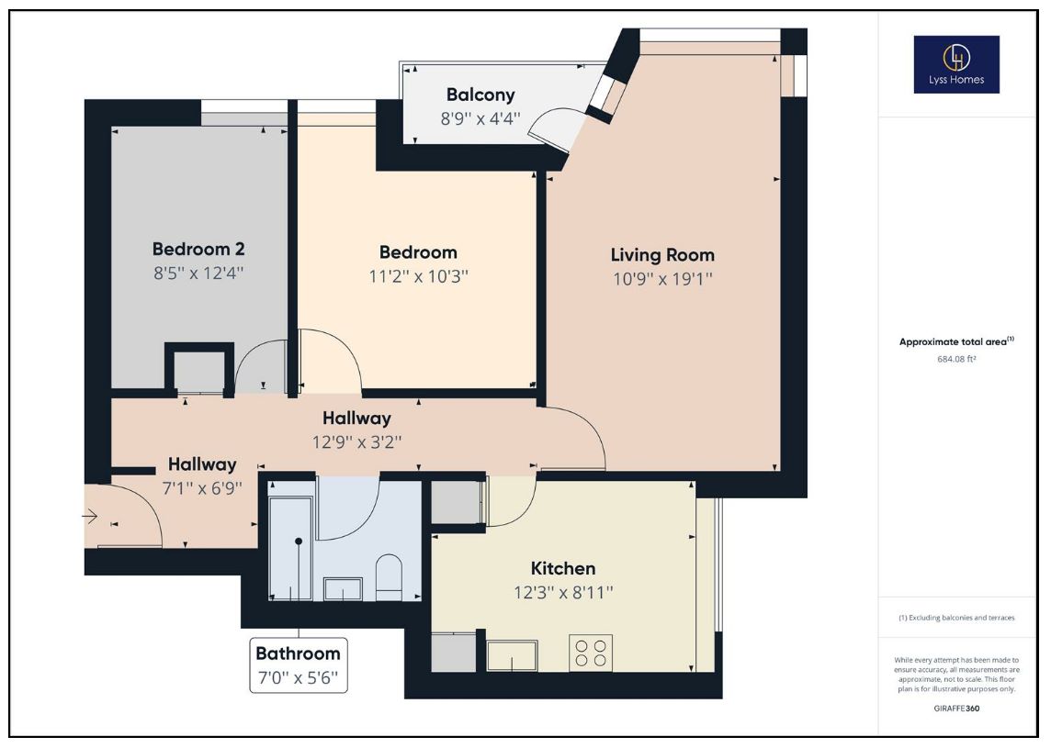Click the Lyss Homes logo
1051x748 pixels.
coord(956,64)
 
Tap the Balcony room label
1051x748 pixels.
coord(480,95)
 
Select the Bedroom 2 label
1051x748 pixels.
coord(198,249)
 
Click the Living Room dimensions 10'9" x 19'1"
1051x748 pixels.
coord(662,279)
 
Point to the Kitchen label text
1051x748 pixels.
coord(563,568)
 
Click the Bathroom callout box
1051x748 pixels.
coord(299,665)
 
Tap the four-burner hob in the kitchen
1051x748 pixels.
coord(591,653)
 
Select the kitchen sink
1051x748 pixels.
coord(512,655)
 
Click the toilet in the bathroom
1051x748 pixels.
coord(389,576)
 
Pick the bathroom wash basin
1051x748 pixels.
coord(344,589)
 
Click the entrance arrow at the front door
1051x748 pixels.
coord(90,517)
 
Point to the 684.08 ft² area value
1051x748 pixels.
coord(956,359)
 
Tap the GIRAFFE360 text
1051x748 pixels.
coord(956,708)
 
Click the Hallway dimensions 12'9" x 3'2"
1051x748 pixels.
coord(356,442)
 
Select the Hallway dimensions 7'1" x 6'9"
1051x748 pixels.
coord(202,488)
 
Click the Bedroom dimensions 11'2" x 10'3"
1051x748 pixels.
coord(418,276)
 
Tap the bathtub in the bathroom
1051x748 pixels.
coord(290,548)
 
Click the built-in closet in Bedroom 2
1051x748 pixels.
coord(199,369)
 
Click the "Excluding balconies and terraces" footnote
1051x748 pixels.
coord(956,618)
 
